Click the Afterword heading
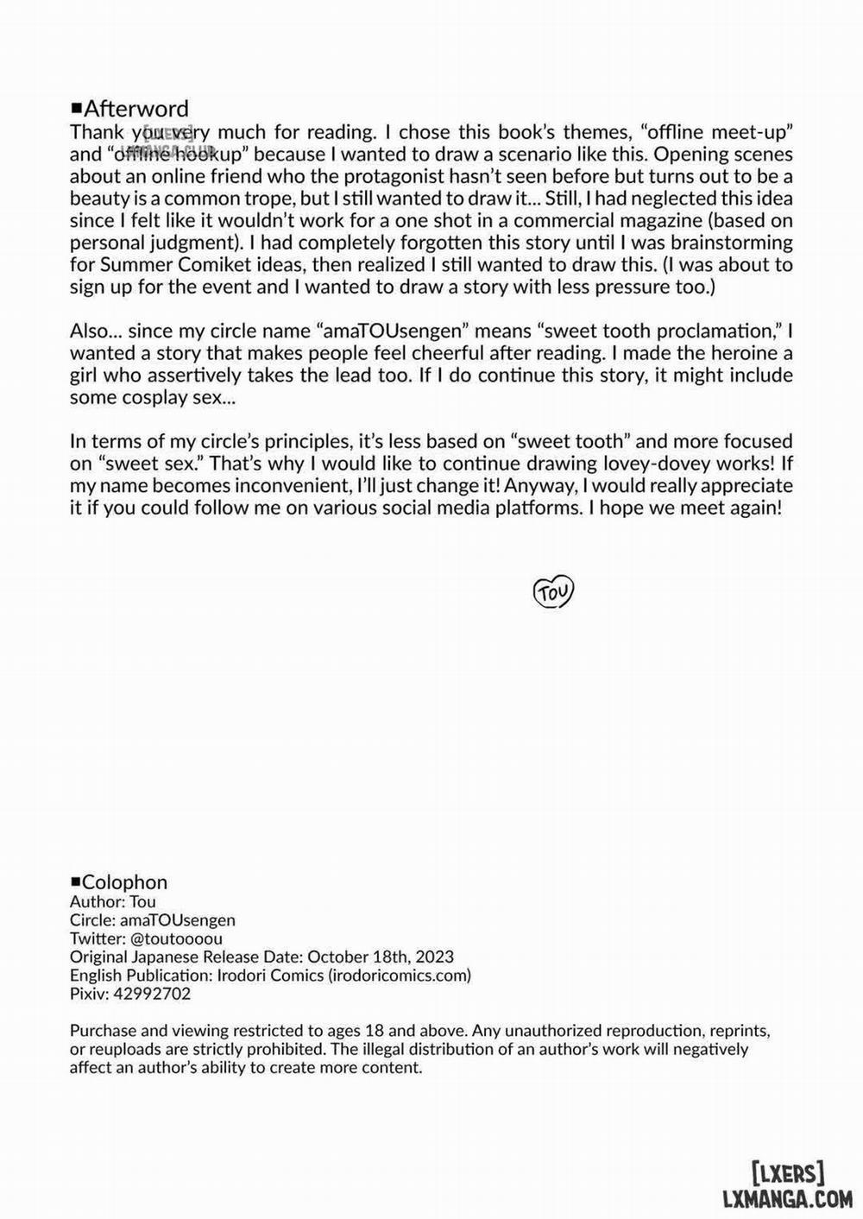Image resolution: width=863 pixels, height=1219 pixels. pos(135,109)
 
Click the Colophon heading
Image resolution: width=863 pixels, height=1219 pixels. pos(124,882)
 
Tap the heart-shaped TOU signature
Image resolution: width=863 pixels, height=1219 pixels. pos(553,592)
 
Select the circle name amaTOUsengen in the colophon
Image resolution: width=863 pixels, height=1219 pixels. pos(177,920)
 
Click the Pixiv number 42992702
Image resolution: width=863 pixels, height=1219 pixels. pos(154,994)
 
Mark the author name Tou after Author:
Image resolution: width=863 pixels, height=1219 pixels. pos(142,901)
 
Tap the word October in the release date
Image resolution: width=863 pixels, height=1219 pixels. pos(339,957)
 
